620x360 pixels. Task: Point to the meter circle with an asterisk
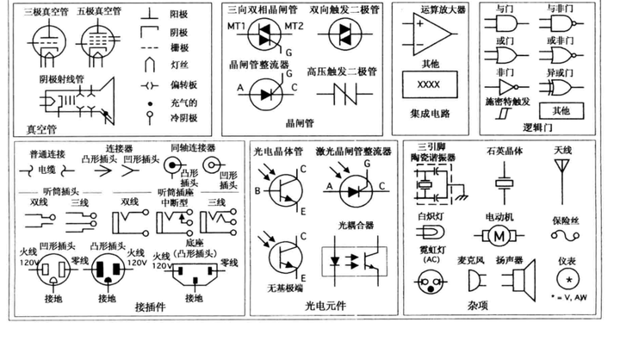[x=567, y=281]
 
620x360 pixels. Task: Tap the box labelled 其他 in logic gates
[x=561, y=110]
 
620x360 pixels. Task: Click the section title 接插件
[x=150, y=307]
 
